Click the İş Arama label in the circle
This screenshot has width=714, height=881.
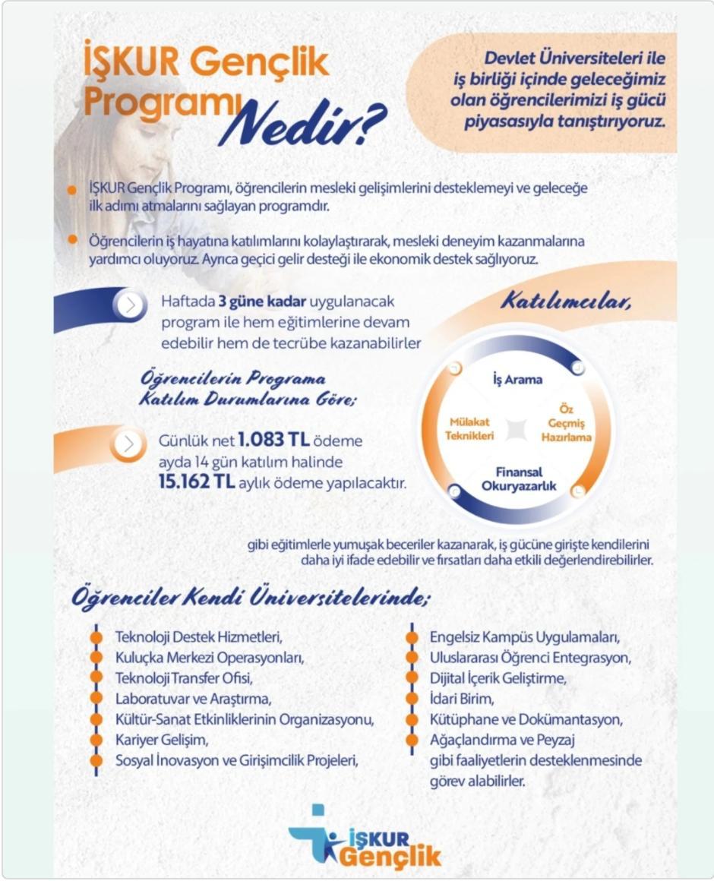pyautogui.click(x=513, y=380)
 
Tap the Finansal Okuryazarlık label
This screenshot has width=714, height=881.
pyautogui.click(x=513, y=479)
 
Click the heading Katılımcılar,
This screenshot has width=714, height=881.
pyautogui.click(x=567, y=302)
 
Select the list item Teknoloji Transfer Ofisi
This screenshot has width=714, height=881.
pyautogui.click(x=183, y=677)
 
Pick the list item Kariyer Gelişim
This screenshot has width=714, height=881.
pyautogui.click(x=160, y=738)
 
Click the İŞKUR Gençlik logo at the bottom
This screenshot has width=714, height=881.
pyautogui.click(x=365, y=838)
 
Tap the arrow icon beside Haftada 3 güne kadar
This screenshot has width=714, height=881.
pyautogui.click(x=131, y=305)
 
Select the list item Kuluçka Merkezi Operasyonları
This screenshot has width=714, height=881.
pyautogui.click(x=203, y=657)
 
